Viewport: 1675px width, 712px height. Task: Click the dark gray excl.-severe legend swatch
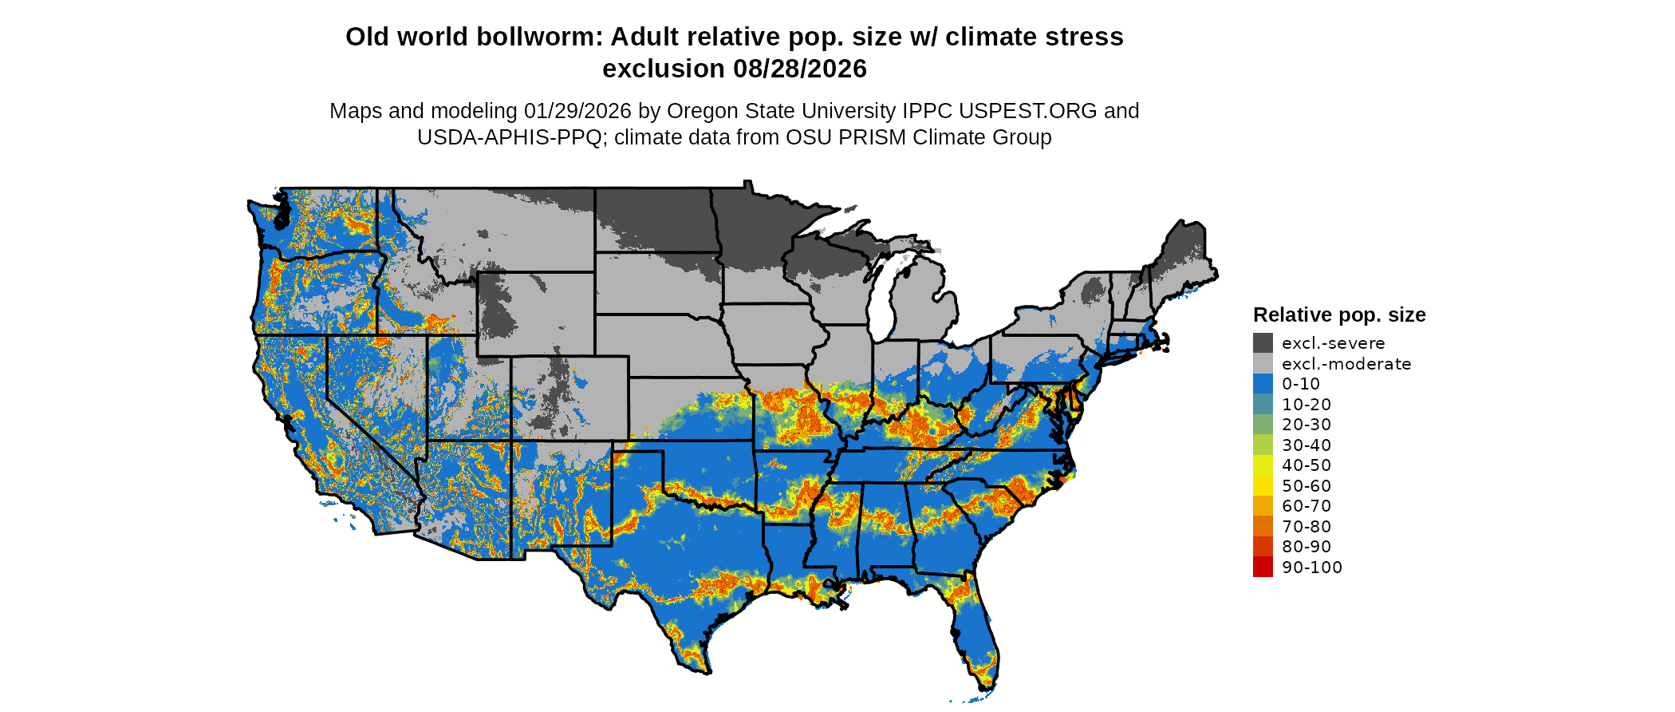pos(1263,343)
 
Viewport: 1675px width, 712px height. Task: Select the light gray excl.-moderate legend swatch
pos(1263,364)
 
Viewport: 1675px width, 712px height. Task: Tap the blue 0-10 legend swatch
pos(1263,384)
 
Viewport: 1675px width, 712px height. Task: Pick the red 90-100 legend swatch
pos(1263,568)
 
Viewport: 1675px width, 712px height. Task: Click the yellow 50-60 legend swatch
pos(1263,486)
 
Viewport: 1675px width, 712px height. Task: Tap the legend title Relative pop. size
pos(1339,314)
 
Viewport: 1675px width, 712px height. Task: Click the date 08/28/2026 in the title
pos(799,69)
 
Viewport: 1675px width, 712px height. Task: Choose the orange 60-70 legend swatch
pos(1263,506)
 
